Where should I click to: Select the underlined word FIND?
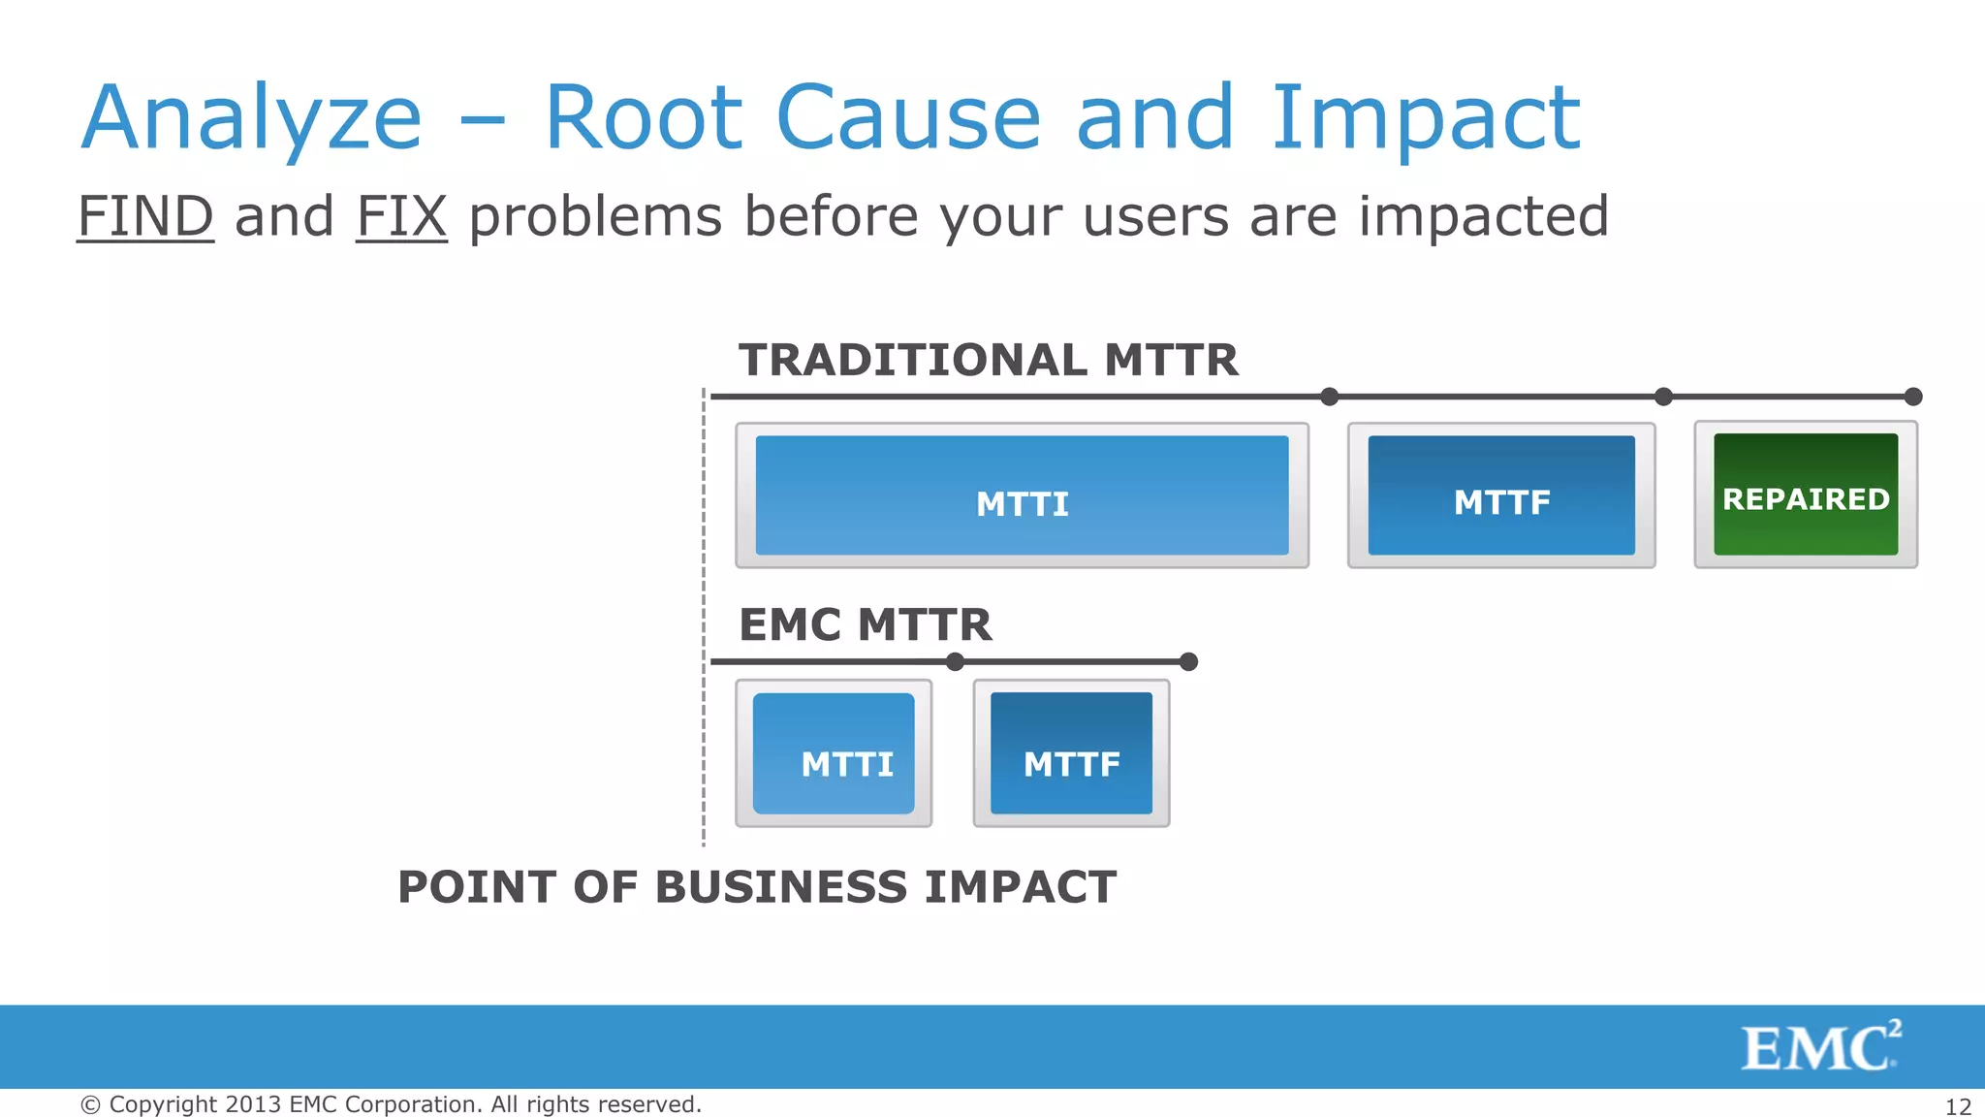[x=145, y=216]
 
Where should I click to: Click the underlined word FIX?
[x=401, y=216]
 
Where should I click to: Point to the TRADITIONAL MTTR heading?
[x=988, y=360]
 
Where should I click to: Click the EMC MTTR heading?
[x=865, y=624]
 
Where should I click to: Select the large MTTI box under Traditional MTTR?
[x=1022, y=495]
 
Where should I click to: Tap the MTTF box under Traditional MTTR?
[x=1501, y=495]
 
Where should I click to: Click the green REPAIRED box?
[x=1806, y=495]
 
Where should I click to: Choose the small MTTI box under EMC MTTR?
[x=834, y=753]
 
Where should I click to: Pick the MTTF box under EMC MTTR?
[x=1071, y=753]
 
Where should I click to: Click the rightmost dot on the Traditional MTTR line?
[x=1913, y=397]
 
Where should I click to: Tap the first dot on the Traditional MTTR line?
[x=1330, y=397]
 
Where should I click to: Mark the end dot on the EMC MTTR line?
[x=1189, y=662]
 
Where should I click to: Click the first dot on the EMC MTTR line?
[x=955, y=662]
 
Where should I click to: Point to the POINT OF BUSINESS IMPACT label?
[x=757, y=887]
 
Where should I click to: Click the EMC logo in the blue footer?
[x=1820, y=1047]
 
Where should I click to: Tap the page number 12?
[x=1958, y=1106]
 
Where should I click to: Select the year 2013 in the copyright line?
[x=253, y=1104]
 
